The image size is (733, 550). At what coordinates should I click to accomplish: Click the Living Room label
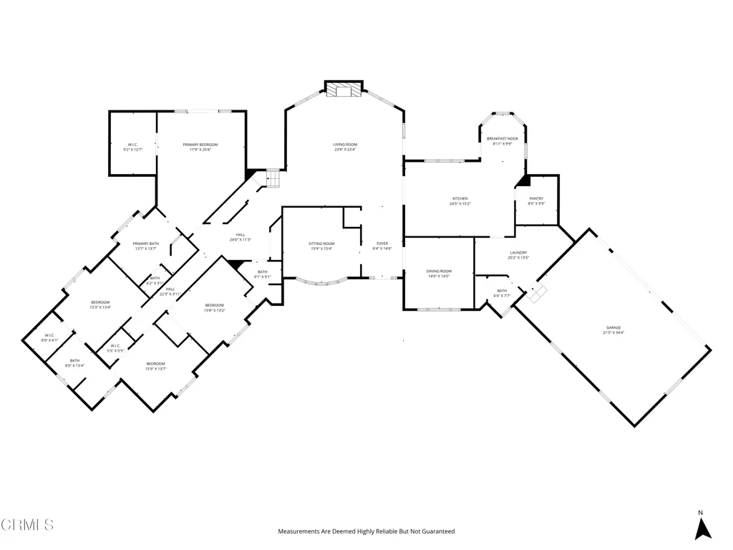345,145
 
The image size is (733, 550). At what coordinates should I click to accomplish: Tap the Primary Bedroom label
200,145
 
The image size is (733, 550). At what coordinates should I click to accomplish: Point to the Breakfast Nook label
503,138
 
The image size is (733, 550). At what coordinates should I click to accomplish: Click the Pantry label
536,198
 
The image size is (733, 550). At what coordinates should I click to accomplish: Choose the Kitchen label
460,198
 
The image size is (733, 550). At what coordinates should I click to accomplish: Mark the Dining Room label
439,271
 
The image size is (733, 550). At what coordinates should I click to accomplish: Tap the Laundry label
518,252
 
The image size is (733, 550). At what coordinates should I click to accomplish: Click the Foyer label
383,243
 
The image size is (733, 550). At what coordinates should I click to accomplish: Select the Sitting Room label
322,243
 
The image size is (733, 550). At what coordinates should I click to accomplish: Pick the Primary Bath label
145,243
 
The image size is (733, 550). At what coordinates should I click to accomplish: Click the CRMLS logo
27,525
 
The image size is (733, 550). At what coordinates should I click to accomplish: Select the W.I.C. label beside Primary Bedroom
132,145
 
